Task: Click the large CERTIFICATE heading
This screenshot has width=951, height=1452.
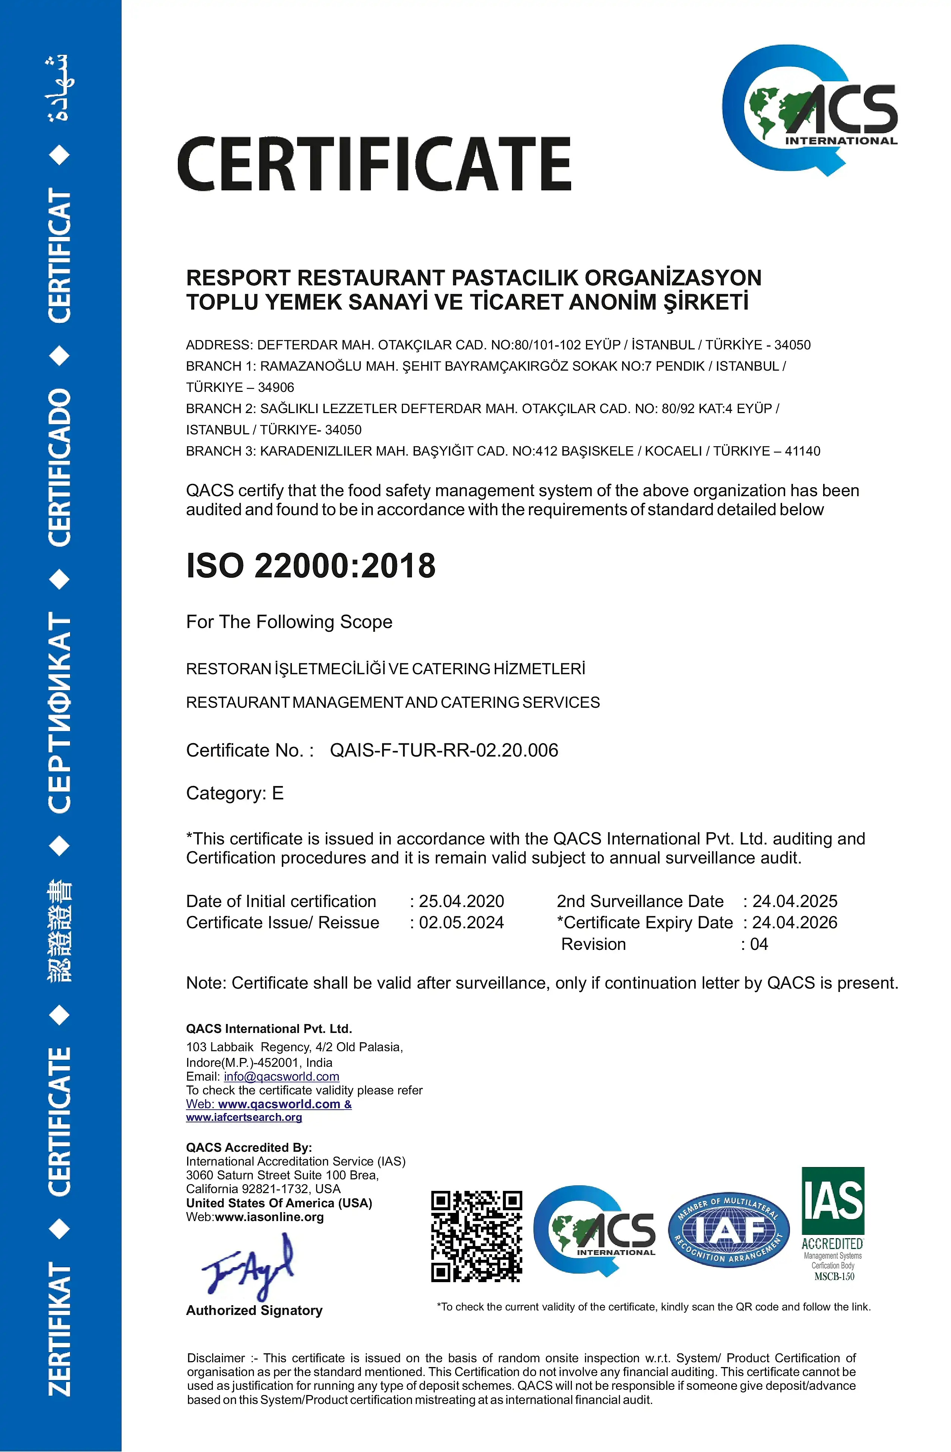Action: click(374, 164)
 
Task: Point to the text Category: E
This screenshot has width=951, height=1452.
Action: click(235, 793)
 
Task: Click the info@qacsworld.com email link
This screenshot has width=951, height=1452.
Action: click(281, 1077)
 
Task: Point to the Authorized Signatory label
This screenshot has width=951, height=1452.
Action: click(254, 1310)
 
